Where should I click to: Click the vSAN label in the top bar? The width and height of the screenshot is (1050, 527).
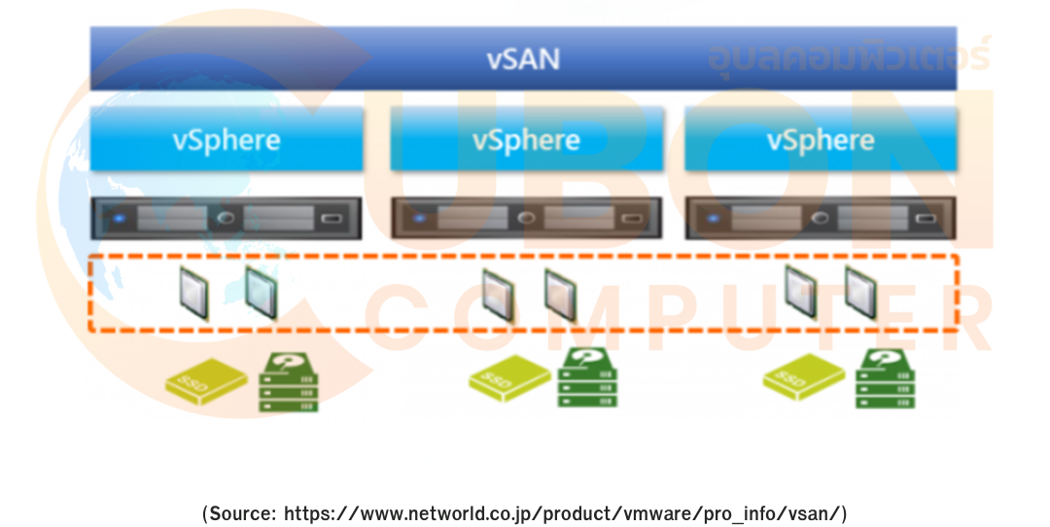click(523, 58)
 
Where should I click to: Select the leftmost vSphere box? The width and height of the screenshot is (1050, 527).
click(227, 139)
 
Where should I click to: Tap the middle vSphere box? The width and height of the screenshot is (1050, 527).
click(526, 139)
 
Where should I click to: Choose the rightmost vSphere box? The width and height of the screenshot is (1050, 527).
click(821, 139)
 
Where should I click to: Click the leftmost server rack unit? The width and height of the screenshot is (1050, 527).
click(226, 218)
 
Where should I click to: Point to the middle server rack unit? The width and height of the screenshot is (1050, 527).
click(526, 218)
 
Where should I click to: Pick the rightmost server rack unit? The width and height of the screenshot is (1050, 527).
click(821, 218)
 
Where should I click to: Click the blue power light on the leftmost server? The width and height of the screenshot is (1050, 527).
click(119, 218)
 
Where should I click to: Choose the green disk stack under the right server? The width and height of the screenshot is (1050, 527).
click(885, 379)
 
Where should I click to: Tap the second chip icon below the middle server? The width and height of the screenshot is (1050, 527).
click(561, 294)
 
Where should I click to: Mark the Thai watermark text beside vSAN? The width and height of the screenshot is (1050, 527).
click(848, 56)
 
